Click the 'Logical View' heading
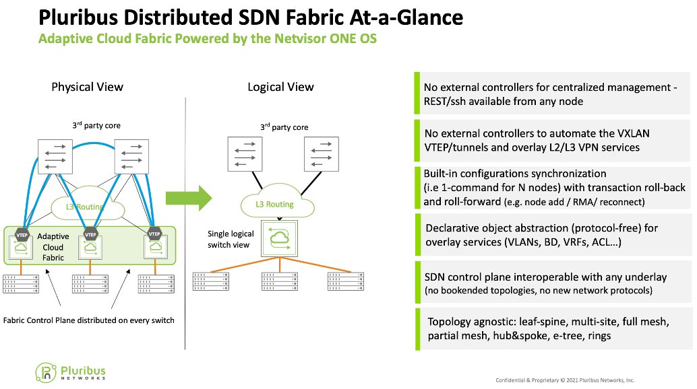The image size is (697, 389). tap(280, 87)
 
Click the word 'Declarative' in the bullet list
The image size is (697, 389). tap(455, 228)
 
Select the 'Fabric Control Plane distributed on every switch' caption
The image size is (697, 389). tap(89, 320)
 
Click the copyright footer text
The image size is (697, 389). tap(565, 380)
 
